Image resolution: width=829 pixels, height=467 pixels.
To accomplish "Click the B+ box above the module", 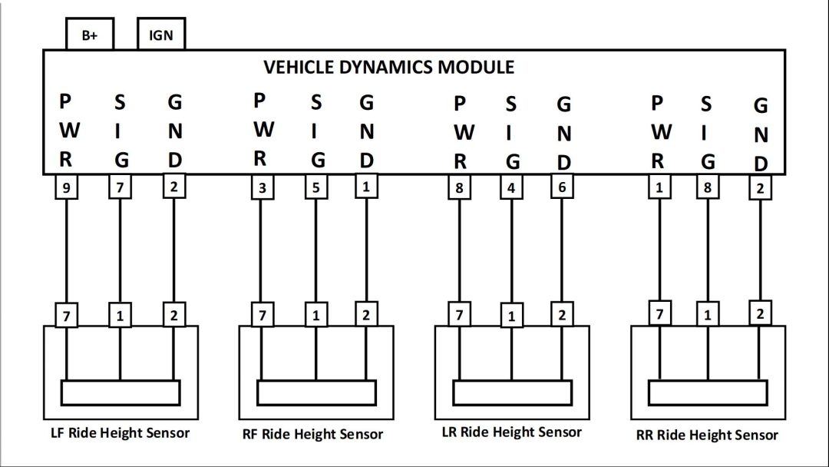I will point(89,35).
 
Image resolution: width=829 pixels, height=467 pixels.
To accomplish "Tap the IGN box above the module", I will point(160,35).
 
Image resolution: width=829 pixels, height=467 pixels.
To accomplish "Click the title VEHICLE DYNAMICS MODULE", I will point(388,67).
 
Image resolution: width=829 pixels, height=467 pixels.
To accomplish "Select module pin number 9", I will point(67,188).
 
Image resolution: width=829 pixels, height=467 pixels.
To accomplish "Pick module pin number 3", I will point(263,188).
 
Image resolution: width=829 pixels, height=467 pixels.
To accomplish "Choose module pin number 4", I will point(511,187).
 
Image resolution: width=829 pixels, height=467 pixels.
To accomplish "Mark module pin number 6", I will point(563,187).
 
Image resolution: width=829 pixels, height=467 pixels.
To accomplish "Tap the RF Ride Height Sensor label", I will point(312,435).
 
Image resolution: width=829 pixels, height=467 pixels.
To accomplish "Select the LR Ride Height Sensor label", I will point(512,432).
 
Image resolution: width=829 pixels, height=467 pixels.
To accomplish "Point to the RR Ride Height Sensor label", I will point(707,435).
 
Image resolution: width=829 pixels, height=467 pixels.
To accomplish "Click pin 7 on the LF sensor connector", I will point(67,314).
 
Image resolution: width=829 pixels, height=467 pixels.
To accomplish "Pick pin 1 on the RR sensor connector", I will point(707,314).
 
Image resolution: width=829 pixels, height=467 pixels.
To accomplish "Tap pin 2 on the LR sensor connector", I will point(563,313).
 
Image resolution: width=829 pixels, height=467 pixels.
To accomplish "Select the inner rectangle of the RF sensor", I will point(315,393).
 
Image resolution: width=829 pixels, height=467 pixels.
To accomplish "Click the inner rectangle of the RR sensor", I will point(707,393).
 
